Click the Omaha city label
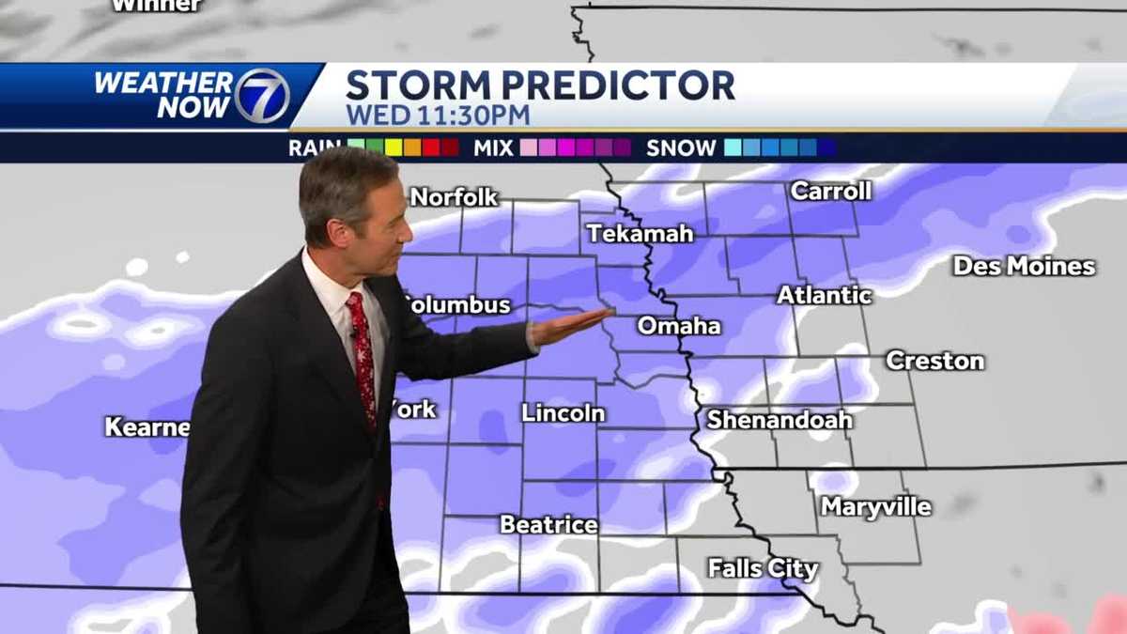tap(679, 327)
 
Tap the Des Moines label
tap(1024, 267)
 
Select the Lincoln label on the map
tap(563, 413)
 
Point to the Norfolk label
tap(455, 197)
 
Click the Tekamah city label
tap(641, 234)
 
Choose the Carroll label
tap(831, 192)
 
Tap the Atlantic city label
tap(825, 295)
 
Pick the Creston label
tap(934, 361)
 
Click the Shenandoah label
tap(780, 420)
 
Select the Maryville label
tap(876, 507)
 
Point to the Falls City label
tap(763, 568)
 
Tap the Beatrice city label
tap(548, 525)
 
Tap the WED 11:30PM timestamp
tap(438, 116)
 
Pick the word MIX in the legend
tap(492, 147)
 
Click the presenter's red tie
tap(362, 357)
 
